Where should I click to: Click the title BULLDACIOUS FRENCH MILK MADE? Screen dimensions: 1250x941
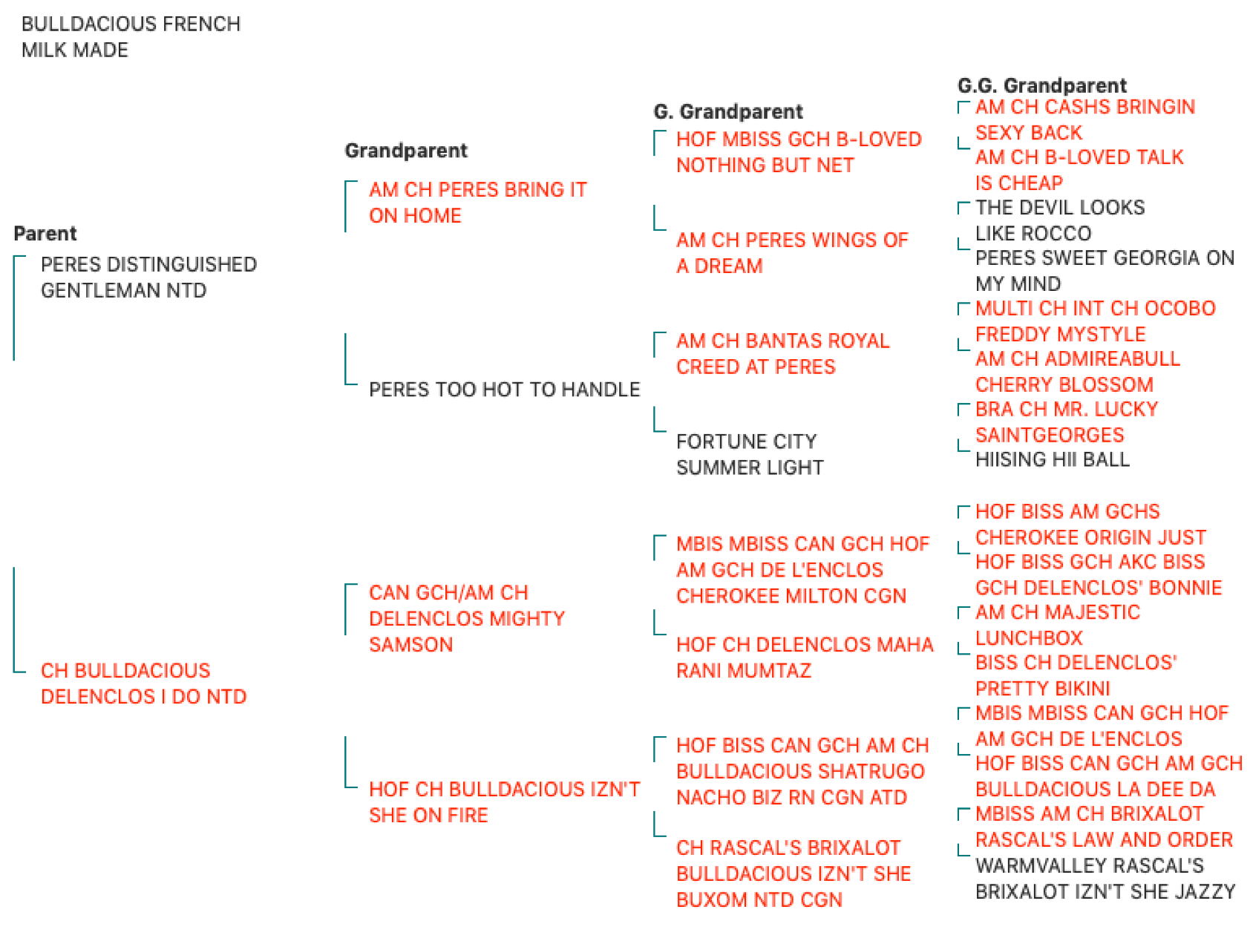click(x=131, y=37)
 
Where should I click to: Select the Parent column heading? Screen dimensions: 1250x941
click(x=45, y=234)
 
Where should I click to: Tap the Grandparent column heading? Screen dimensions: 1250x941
click(x=406, y=151)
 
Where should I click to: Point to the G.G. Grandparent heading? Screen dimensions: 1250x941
click(x=1041, y=85)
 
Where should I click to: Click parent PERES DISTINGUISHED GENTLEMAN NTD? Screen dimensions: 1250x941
click(x=148, y=278)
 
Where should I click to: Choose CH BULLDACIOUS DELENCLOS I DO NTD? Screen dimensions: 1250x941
click(x=143, y=683)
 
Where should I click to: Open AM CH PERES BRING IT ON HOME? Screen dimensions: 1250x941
click(x=477, y=203)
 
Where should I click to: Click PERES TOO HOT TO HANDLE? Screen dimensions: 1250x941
click(x=504, y=390)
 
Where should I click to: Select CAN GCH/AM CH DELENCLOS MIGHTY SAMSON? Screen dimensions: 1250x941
click(x=467, y=618)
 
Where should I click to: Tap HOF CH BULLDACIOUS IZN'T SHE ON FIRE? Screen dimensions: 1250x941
click(x=504, y=802)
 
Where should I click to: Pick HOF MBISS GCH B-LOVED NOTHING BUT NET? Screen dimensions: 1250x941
click(x=799, y=152)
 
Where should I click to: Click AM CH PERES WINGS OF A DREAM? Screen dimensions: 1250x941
click(x=792, y=253)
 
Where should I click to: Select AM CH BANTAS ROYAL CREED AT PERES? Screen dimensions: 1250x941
click(x=782, y=354)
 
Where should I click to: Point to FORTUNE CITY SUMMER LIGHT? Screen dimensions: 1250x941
click(x=750, y=455)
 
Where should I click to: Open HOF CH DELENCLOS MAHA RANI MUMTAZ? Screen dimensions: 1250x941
click(x=805, y=658)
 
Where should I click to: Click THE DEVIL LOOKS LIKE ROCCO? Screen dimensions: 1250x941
click(x=1060, y=220)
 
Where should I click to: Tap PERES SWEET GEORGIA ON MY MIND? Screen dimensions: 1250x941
click(x=1105, y=271)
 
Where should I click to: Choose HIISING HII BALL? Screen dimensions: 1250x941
click(x=1053, y=460)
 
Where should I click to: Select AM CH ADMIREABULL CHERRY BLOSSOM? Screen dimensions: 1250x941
click(x=1078, y=372)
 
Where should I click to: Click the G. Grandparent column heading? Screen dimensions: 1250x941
click(x=728, y=112)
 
